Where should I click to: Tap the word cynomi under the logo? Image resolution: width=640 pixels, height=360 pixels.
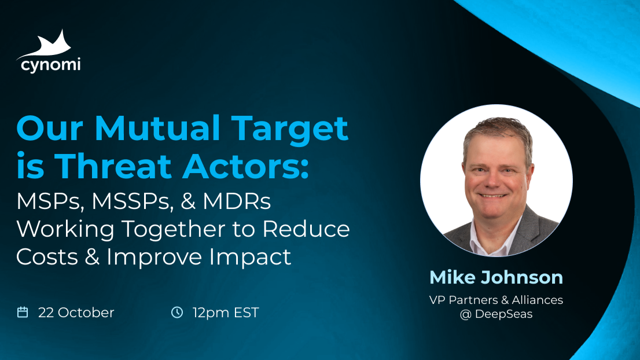(x=50, y=64)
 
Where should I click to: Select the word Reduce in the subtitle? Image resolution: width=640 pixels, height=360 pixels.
(x=307, y=229)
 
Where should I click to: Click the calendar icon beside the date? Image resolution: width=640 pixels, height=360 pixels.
(x=23, y=313)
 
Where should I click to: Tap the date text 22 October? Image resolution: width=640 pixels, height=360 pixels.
(x=76, y=313)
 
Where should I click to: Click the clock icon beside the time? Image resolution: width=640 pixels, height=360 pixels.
(x=177, y=313)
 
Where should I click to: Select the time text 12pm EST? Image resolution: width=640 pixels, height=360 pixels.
(x=226, y=313)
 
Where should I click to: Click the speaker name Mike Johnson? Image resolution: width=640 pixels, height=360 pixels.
(x=496, y=277)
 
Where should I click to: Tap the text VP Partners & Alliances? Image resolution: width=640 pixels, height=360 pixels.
(x=496, y=300)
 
